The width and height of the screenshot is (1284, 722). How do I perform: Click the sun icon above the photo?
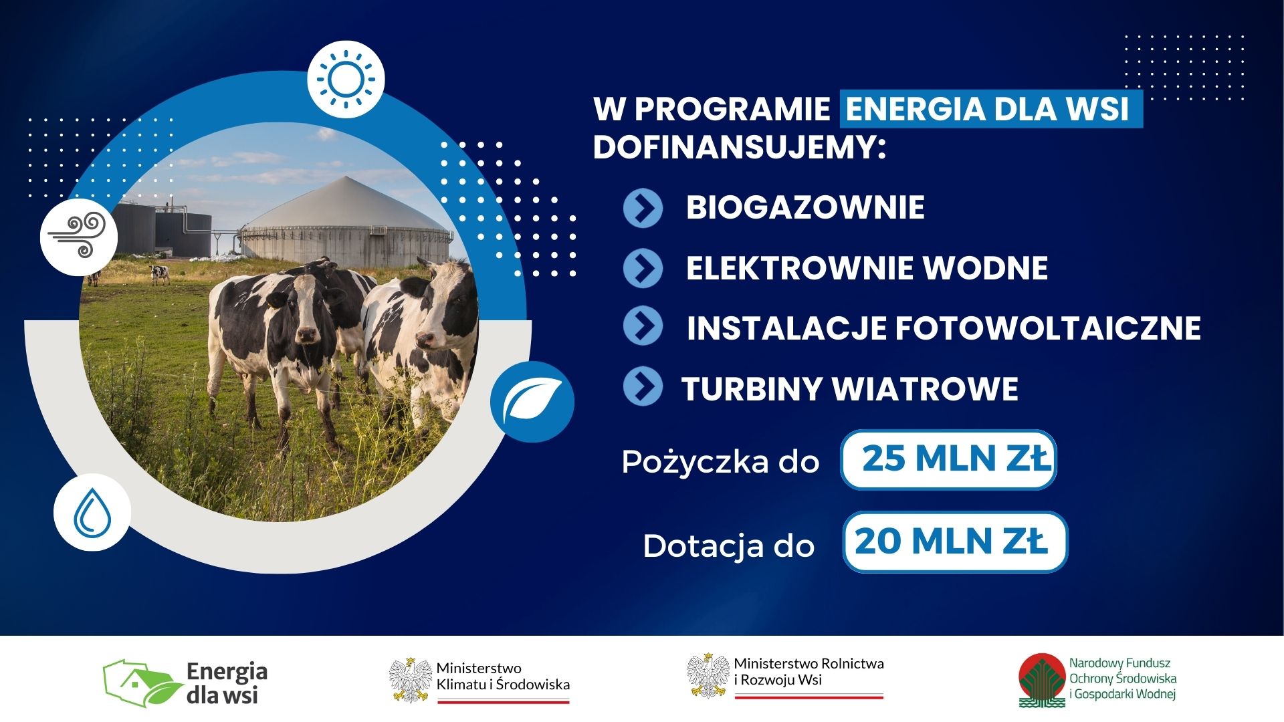coord(346,80)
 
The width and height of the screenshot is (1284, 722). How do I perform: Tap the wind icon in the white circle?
coord(78,236)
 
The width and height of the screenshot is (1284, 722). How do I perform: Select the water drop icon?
coord(92,513)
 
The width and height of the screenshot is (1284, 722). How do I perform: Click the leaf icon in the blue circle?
coord(532,402)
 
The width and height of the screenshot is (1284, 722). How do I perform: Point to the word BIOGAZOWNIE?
coord(805,207)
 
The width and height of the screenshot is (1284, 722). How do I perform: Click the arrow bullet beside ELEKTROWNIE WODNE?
coord(643,268)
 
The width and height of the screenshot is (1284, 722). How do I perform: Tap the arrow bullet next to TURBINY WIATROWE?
coord(643,386)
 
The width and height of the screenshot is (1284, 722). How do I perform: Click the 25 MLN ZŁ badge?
coord(948,460)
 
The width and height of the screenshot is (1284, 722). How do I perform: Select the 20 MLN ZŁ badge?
coord(955,541)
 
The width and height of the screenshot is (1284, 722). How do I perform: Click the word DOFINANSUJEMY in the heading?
coord(739,147)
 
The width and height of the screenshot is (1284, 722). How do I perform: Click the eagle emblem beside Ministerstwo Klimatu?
coord(411,680)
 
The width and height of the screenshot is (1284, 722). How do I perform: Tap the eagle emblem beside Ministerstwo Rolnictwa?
coord(708,675)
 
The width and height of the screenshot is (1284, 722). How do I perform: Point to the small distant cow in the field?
coord(159,273)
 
